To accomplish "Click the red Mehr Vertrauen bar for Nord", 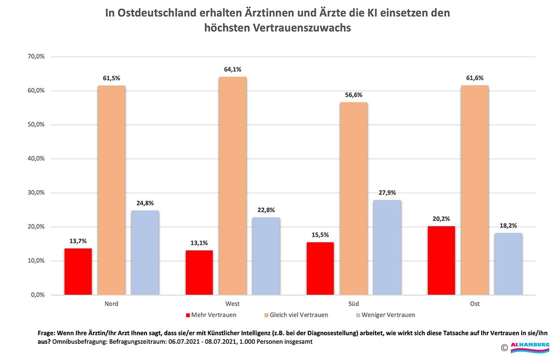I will [78, 272].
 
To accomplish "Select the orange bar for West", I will [233, 186].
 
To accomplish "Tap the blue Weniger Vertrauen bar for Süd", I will [387, 247].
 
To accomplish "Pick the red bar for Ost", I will [441, 260].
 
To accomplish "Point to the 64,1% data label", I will [233, 70].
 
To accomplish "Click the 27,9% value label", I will [387, 193].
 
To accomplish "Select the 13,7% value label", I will [78, 241].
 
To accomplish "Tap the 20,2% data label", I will [441, 219].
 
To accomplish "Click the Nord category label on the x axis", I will [111, 304].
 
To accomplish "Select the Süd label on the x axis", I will [354, 304].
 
